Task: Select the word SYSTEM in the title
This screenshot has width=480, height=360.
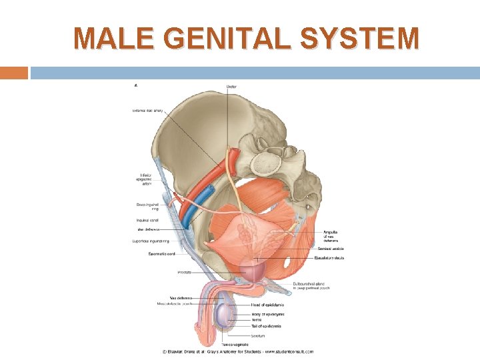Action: coord(360,39)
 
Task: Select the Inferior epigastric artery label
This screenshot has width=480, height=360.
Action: coord(141,179)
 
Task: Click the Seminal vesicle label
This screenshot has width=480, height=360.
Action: coord(331,249)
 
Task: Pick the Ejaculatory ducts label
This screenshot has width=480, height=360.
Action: coord(331,257)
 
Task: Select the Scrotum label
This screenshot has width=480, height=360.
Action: coord(259,335)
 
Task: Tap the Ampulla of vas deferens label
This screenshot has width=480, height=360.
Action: coord(331,236)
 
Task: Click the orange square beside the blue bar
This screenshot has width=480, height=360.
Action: coord(14,73)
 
